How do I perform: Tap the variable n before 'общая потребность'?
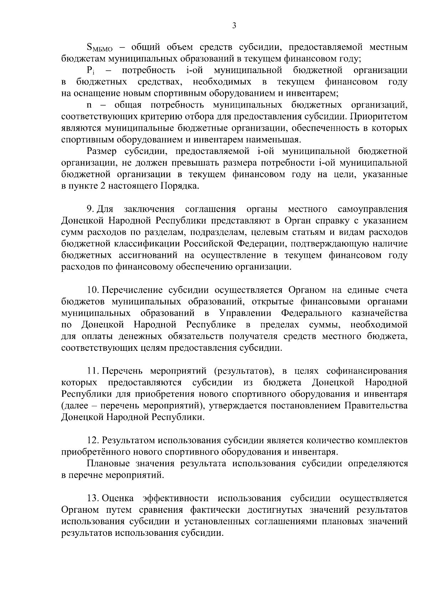[x=89, y=105]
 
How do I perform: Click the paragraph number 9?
[x=90, y=209]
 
